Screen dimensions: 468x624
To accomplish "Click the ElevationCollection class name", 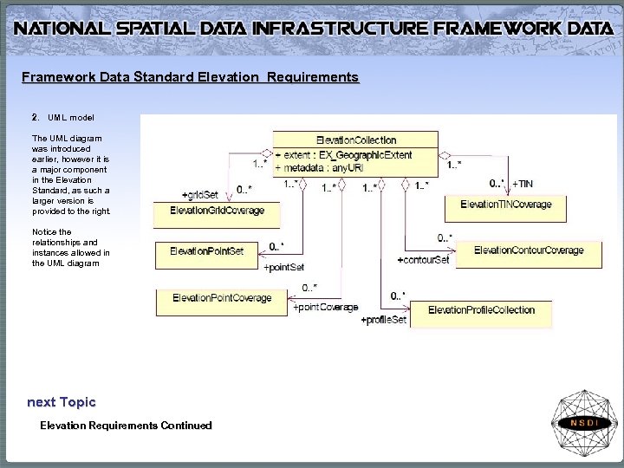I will click(356, 140).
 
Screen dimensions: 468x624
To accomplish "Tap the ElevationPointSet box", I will click(207, 251).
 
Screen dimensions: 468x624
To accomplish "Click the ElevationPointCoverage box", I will click(222, 299).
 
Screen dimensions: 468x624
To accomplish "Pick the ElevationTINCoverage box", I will click(505, 205).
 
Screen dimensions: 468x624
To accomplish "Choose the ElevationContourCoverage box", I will click(529, 250).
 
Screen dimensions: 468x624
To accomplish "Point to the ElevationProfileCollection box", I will click(481, 310).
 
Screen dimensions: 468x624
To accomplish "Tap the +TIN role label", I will click(523, 184).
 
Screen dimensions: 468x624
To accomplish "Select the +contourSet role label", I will click(423, 260).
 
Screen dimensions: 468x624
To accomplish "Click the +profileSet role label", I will click(383, 321).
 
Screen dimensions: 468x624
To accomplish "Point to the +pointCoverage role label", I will click(325, 308).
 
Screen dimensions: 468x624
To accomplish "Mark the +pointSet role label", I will click(283, 267).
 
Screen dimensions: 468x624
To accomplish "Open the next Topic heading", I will click(61, 402).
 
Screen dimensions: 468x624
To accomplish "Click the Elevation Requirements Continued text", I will click(126, 425).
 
